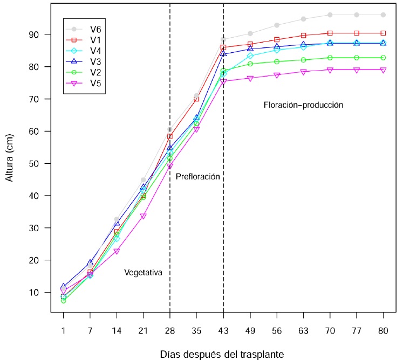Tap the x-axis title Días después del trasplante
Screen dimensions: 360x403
click(221, 354)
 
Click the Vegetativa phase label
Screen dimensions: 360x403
click(144, 273)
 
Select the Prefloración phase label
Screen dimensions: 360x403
click(199, 177)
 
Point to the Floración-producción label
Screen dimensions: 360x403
click(303, 105)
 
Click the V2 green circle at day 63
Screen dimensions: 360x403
click(303, 60)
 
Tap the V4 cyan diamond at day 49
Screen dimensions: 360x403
click(250, 56)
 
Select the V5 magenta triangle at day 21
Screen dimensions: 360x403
click(144, 216)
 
